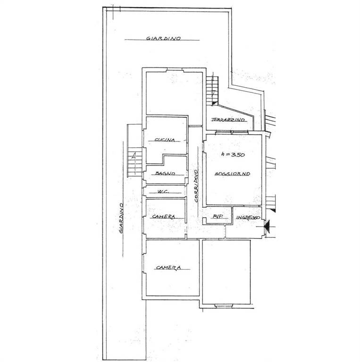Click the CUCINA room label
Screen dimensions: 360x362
click(165, 140)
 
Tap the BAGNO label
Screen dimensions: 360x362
click(165, 173)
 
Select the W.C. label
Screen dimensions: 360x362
click(164, 191)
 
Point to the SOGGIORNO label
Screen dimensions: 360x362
click(232, 173)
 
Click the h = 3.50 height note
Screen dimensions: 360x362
click(233, 155)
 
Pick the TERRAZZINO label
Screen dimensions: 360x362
click(228, 120)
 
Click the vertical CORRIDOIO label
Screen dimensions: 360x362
click(196, 186)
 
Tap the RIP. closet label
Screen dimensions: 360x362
click(218, 216)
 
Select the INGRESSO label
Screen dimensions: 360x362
click(248, 217)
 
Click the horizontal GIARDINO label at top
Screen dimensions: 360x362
click(163, 38)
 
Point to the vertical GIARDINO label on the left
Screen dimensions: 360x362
click(121, 218)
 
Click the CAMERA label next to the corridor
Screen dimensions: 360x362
click(164, 216)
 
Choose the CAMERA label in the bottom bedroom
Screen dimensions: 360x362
click(168, 268)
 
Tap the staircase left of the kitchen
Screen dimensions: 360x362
click(134, 161)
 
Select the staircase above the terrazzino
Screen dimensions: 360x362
click(212, 91)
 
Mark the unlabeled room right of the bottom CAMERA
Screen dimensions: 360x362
click(226, 271)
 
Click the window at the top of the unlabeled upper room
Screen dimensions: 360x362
click(175, 70)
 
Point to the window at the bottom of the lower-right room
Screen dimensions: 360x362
click(224, 305)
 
